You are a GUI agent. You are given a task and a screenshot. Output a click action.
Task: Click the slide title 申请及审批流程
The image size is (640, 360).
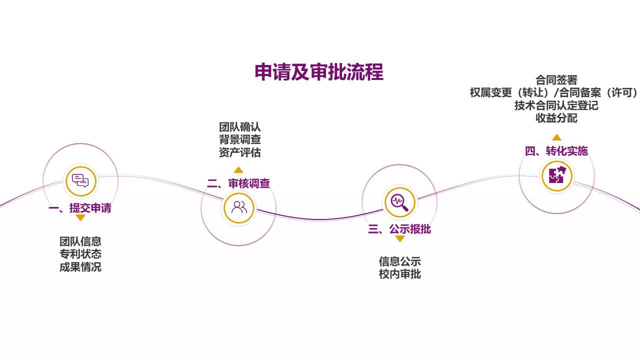(x=319, y=72)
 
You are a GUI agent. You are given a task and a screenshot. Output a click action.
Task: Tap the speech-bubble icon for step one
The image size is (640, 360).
(x=80, y=180)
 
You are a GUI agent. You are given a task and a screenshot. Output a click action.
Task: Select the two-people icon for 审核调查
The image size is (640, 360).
(x=239, y=207)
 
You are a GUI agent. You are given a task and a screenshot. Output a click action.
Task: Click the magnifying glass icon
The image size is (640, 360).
(x=399, y=202)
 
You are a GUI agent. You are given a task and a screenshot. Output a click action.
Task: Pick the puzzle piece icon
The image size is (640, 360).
(x=556, y=175)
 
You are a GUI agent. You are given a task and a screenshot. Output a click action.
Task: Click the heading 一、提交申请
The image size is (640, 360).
(x=80, y=208)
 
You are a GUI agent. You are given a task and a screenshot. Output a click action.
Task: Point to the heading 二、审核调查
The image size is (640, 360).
(x=238, y=183)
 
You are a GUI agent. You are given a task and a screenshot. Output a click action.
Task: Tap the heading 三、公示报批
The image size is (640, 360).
(x=399, y=229)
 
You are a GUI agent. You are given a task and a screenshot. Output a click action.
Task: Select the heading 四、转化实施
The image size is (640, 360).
(x=556, y=151)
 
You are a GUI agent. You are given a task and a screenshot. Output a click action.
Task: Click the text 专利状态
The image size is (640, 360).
(x=80, y=254)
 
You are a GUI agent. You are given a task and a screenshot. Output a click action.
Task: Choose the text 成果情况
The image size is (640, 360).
(x=80, y=267)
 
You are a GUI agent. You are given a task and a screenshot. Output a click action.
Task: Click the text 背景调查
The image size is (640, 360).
(x=240, y=139)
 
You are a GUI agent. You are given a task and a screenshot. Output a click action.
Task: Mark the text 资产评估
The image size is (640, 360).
(x=240, y=152)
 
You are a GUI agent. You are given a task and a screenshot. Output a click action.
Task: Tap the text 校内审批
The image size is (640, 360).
(x=400, y=274)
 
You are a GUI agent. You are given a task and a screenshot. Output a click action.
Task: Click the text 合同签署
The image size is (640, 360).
(x=556, y=80)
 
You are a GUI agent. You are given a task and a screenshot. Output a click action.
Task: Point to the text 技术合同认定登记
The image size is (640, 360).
(x=556, y=105)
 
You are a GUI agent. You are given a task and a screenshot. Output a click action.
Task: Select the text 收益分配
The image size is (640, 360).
(x=556, y=118)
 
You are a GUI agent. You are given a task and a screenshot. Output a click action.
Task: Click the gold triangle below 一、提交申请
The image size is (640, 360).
(x=80, y=217)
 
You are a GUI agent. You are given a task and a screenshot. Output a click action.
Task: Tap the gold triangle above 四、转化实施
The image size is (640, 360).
(x=556, y=137)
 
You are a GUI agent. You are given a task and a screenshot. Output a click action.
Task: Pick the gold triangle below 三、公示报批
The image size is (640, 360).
(x=399, y=239)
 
